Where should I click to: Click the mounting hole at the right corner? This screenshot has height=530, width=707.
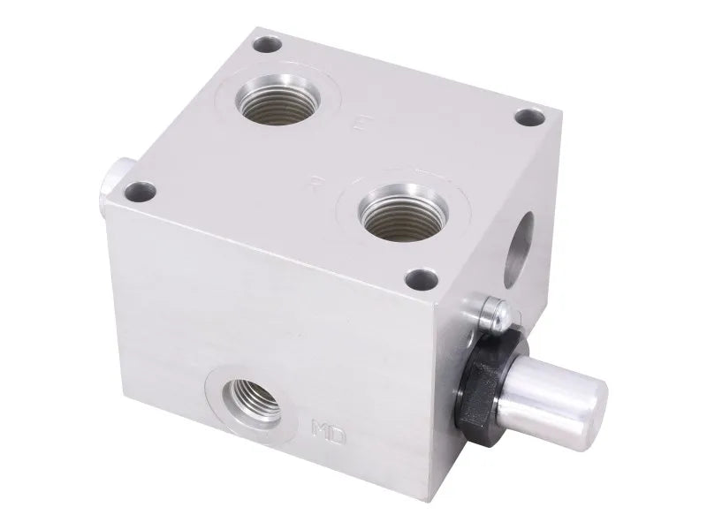pyautogui.click(x=527, y=117)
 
